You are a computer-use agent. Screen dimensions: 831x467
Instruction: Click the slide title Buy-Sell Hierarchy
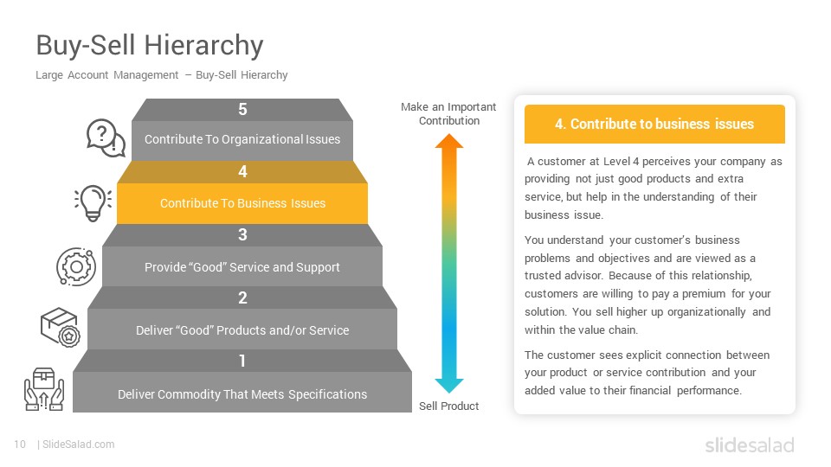click(150, 46)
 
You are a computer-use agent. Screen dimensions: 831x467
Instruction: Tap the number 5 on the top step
click(242, 109)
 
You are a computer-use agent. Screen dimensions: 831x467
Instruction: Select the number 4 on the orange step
click(242, 171)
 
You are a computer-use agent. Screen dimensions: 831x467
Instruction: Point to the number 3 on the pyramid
click(242, 234)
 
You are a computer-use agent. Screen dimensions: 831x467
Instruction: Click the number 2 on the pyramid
click(242, 297)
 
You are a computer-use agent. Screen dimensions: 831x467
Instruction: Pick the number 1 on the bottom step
click(242, 361)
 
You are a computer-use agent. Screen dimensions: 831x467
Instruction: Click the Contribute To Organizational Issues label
click(242, 139)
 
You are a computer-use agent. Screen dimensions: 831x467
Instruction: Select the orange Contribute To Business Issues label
click(242, 203)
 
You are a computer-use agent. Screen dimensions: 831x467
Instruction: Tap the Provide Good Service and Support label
click(242, 267)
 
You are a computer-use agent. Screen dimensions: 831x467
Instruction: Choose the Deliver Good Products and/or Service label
click(242, 330)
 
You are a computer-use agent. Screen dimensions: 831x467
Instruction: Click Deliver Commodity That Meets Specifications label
click(242, 394)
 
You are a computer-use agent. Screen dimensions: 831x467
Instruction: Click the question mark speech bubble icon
click(106, 138)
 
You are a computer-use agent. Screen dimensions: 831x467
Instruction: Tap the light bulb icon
click(93, 202)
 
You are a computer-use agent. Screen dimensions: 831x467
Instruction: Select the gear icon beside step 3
click(76, 267)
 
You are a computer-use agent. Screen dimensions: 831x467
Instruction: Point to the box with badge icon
click(61, 328)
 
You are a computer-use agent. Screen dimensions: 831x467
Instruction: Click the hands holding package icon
click(44, 389)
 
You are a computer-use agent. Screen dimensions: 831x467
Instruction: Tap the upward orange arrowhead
click(449, 141)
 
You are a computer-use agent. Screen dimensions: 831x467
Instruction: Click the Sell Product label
click(449, 406)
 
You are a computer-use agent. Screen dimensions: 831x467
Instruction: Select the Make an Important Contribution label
click(448, 114)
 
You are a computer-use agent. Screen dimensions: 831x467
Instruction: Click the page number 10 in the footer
click(20, 445)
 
